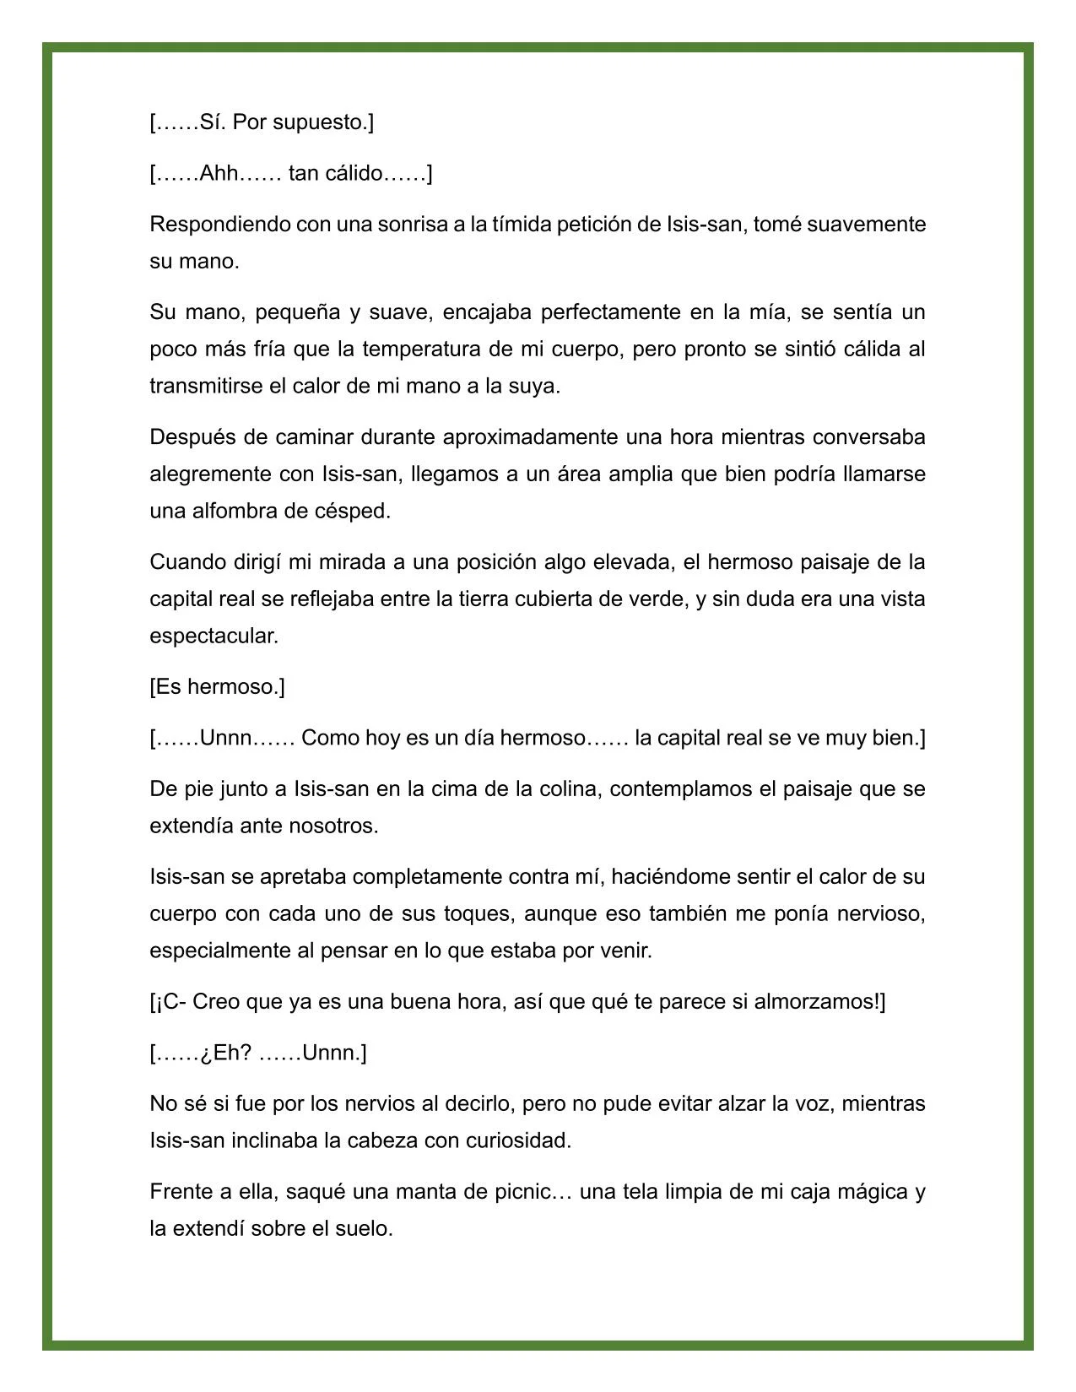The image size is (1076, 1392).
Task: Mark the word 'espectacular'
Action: (213, 636)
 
